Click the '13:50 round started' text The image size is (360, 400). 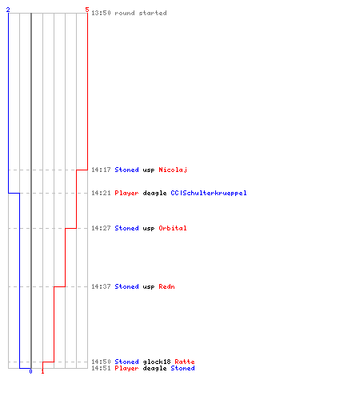129,13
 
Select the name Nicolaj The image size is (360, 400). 173,170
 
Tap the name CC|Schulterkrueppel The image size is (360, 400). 209,193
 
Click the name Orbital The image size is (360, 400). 173,228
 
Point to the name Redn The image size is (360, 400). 166,286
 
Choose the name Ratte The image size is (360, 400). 185,362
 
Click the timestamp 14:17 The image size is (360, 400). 101,170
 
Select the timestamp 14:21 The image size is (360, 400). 101,193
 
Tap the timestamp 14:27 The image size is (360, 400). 101,228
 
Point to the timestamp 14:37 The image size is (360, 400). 101,286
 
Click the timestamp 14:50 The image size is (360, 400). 101,362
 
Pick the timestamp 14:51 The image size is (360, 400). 101,368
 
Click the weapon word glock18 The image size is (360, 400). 157,362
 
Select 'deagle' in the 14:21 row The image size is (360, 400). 154,193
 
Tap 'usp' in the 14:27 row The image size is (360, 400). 149,229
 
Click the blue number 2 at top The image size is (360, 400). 8,10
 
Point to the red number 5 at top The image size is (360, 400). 87,10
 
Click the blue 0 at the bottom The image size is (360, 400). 30,371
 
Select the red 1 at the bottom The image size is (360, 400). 42,371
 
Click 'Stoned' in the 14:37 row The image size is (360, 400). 126,286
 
